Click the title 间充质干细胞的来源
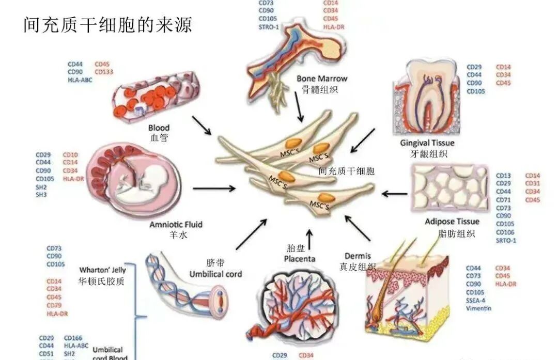click(107, 24)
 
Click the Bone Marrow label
click(321, 79)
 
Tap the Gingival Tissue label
click(427, 143)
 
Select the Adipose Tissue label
click(452, 222)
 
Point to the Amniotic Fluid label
click(176, 225)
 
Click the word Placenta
click(301, 258)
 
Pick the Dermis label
click(358, 256)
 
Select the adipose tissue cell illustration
click(450, 188)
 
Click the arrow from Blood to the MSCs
click(202, 126)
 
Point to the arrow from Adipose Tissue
click(394, 194)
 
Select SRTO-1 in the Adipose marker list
click(506, 240)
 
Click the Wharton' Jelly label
click(101, 270)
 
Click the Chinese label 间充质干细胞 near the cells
click(346, 170)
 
